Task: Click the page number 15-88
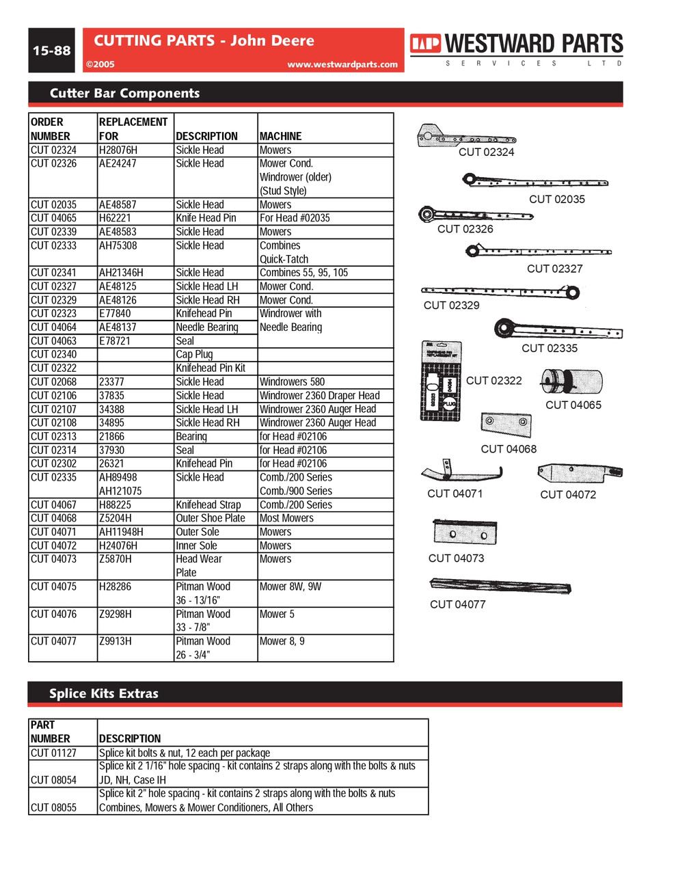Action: [51, 51]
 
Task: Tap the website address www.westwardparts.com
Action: [342, 64]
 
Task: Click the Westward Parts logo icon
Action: [425, 44]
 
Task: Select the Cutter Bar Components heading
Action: [124, 94]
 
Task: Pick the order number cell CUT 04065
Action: [54, 218]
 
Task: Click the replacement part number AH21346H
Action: [121, 273]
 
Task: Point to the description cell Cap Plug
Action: [194, 354]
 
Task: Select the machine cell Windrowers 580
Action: [292, 381]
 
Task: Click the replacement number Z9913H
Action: [116, 641]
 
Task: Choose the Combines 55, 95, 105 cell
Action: [303, 273]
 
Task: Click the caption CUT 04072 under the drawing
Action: [568, 494]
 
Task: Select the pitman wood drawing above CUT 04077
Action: [500, 586]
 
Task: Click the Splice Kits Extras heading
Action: [104, 693]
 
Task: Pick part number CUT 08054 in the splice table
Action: [54, 780]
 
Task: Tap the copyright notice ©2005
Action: [100, 64]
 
